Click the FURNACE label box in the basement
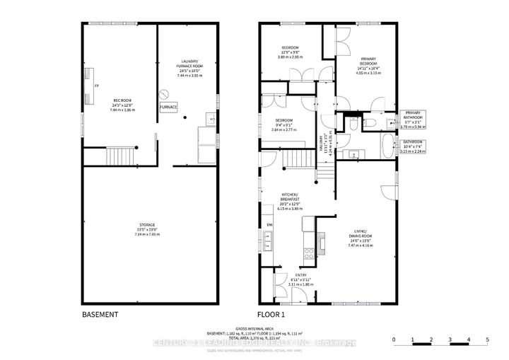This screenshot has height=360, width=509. (168, 107)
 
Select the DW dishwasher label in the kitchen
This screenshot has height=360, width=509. (269, 226)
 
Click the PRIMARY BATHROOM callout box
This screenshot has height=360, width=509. (413, 118)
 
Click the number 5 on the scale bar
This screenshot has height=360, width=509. (487, 341)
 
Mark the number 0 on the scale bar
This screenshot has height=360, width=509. (394, 341)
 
